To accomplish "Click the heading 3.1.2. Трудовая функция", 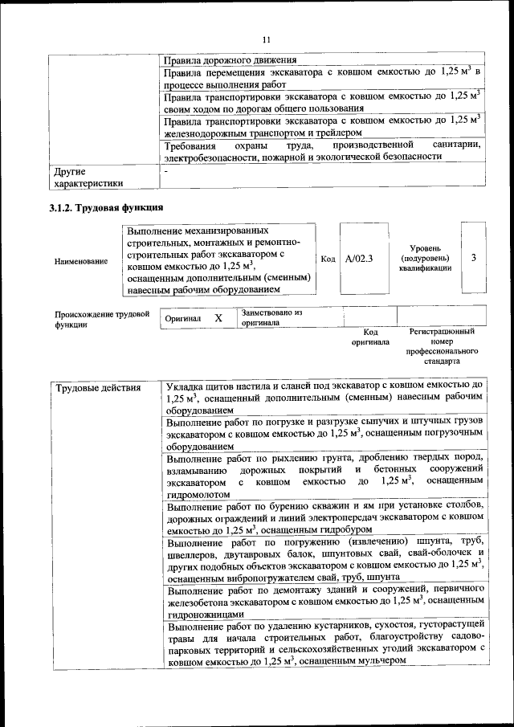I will (x=102, y=208).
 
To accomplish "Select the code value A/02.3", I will (x=359, y=259).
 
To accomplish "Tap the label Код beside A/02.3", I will (x=328, y=259).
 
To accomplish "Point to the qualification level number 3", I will (x=474, y=258).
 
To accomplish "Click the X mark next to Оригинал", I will (x=218, y=318).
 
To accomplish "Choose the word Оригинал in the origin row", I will (x=182, y=319).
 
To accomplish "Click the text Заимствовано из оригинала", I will (x=271, y=317).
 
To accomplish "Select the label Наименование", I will (x=82, y=261).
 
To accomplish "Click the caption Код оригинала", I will (x=370, y=336).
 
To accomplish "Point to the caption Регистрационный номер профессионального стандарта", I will (x=442, y=346).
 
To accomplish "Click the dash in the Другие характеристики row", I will (x=165, y=171).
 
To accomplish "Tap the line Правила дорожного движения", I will (x=230, y=60).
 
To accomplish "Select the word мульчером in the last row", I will (x=375, y=660).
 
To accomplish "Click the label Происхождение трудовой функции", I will (x=102, y=320).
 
